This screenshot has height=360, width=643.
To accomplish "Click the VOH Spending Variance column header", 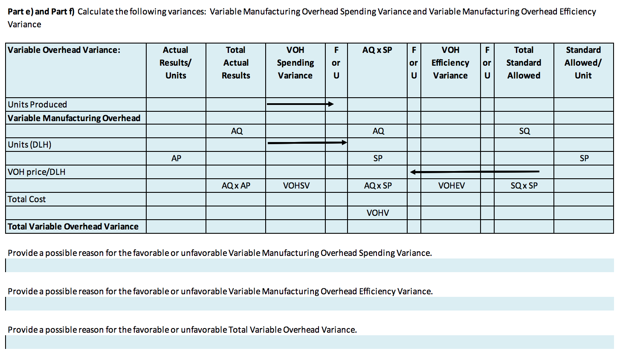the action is pyautogui.click(x=295, y=63).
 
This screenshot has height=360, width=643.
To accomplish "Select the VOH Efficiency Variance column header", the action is pyautogui.click(x=450, y=63).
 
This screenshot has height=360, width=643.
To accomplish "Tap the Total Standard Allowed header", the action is pyautogui.click(x=524, y=63).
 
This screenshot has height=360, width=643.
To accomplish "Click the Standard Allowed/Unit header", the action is pyautogui.click(x=583, y=63).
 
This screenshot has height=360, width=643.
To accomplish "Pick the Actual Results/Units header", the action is pyautogui.click(x=176, y=63).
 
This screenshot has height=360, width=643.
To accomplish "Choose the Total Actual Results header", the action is pyautogui.click(x=236, y=63).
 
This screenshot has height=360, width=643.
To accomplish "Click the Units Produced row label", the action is pyautogui.click(x=38, y=105).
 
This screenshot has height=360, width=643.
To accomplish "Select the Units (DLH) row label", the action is pyautogui.click(x=29, y=145).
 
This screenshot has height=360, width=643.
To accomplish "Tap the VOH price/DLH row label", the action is pyautogui.click(x=37, y=172).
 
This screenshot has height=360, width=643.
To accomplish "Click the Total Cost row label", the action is pyautogui.click(x=26, y=199).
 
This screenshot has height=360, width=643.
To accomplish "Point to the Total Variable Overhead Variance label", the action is pyautogui.click(x=73, y=226).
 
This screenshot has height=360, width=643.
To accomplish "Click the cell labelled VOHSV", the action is pyautogui.click(x=296, y=186).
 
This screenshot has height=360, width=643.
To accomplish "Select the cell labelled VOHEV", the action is pyautogui.click(x=452, y=186).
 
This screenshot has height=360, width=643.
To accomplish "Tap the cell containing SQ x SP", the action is pyautogui.click(x=524, y=186).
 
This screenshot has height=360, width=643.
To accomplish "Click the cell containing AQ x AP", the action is pyautogui.click(x=236, y=186).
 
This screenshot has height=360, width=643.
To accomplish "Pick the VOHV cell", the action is pyautogui.click(x=378, y=213).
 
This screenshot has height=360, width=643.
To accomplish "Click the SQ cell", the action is pyautogui.click(x=524, y=131).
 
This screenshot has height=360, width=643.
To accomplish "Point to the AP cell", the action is pyautogui.click(x=176, y=158).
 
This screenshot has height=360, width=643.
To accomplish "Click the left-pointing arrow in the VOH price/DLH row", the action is pyautogui.click(x=475, y=172).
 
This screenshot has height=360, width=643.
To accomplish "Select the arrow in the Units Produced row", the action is pyautogui.click(x=300, y=104).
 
